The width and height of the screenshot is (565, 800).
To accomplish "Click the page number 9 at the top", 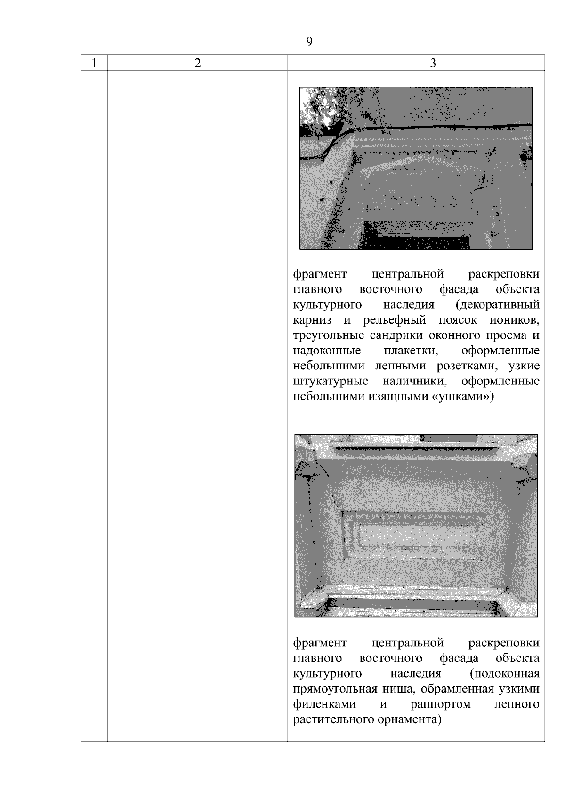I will click(x=309, y=42).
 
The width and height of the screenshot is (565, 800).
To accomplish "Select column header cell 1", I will click(x=94, y=64).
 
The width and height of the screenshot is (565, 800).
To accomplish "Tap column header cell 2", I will click(x=197, y=64).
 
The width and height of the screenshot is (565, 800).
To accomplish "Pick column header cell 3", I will click(x=433, y=64).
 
